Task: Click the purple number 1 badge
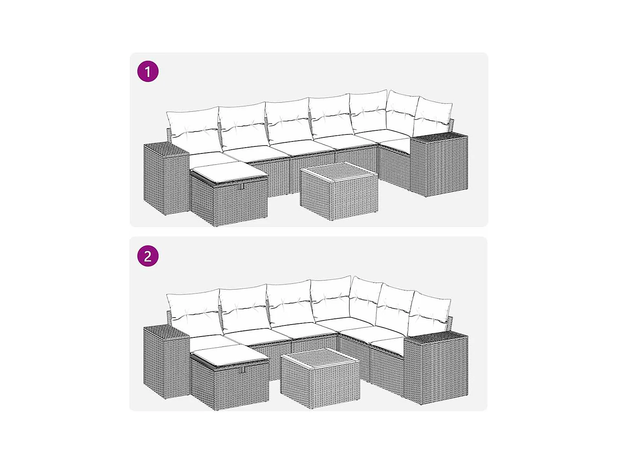point(148,71)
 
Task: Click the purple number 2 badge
point(148,256)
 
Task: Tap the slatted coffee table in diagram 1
point(339,191)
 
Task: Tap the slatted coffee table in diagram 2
point(320,378)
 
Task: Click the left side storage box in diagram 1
point(166,179)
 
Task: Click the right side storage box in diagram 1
point(439,165)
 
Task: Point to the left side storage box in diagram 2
point(166,363)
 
